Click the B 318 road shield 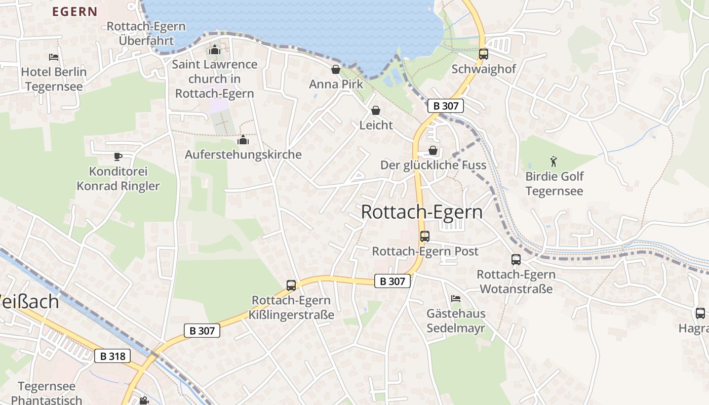click(112, 356)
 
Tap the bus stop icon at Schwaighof click(483, 54)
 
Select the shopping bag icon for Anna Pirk click(335, 69)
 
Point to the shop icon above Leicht click(376, 110)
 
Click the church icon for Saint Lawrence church click(215, 50)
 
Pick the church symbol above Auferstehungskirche click(243, 140)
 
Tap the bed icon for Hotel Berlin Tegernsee click(54, 57)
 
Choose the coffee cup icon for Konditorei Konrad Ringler click(117, 156)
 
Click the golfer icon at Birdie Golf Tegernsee click(554, 162)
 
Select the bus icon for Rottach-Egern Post click(425, 236)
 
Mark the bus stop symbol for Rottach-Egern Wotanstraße click(516, 260)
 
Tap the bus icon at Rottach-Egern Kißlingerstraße click(291, 286)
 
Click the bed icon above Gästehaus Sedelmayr click(456, 299)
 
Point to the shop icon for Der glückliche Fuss click(433, 150)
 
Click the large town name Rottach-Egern click(422, 212)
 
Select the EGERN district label click(75, 12)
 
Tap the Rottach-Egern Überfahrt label click(146, 33)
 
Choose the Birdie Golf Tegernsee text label click(554, 184)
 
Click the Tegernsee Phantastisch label click(47, 393)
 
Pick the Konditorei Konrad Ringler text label click(118, 179)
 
